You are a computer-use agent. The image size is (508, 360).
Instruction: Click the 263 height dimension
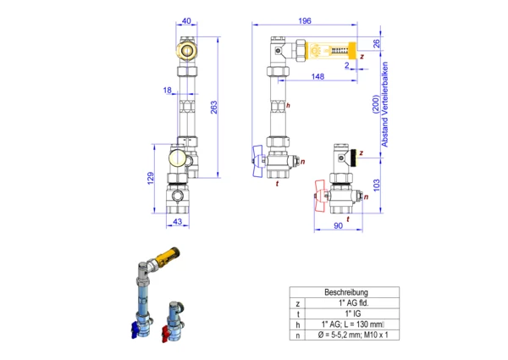[214, 108]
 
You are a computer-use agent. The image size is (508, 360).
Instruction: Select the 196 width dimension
[305, 20]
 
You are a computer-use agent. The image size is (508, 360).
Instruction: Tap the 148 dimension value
[317, 76]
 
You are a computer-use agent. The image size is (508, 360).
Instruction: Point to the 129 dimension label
[151, 178]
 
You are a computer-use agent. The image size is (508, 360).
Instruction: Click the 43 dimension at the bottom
[177, 222]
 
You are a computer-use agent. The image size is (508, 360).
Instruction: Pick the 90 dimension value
[338, 225]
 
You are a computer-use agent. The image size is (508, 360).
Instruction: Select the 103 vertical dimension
[377, 185]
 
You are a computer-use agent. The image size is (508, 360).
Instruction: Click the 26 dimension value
[377, 43]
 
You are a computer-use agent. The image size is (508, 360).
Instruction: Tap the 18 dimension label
[167, 90]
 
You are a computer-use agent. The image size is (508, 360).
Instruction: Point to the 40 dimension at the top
[186, 20]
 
